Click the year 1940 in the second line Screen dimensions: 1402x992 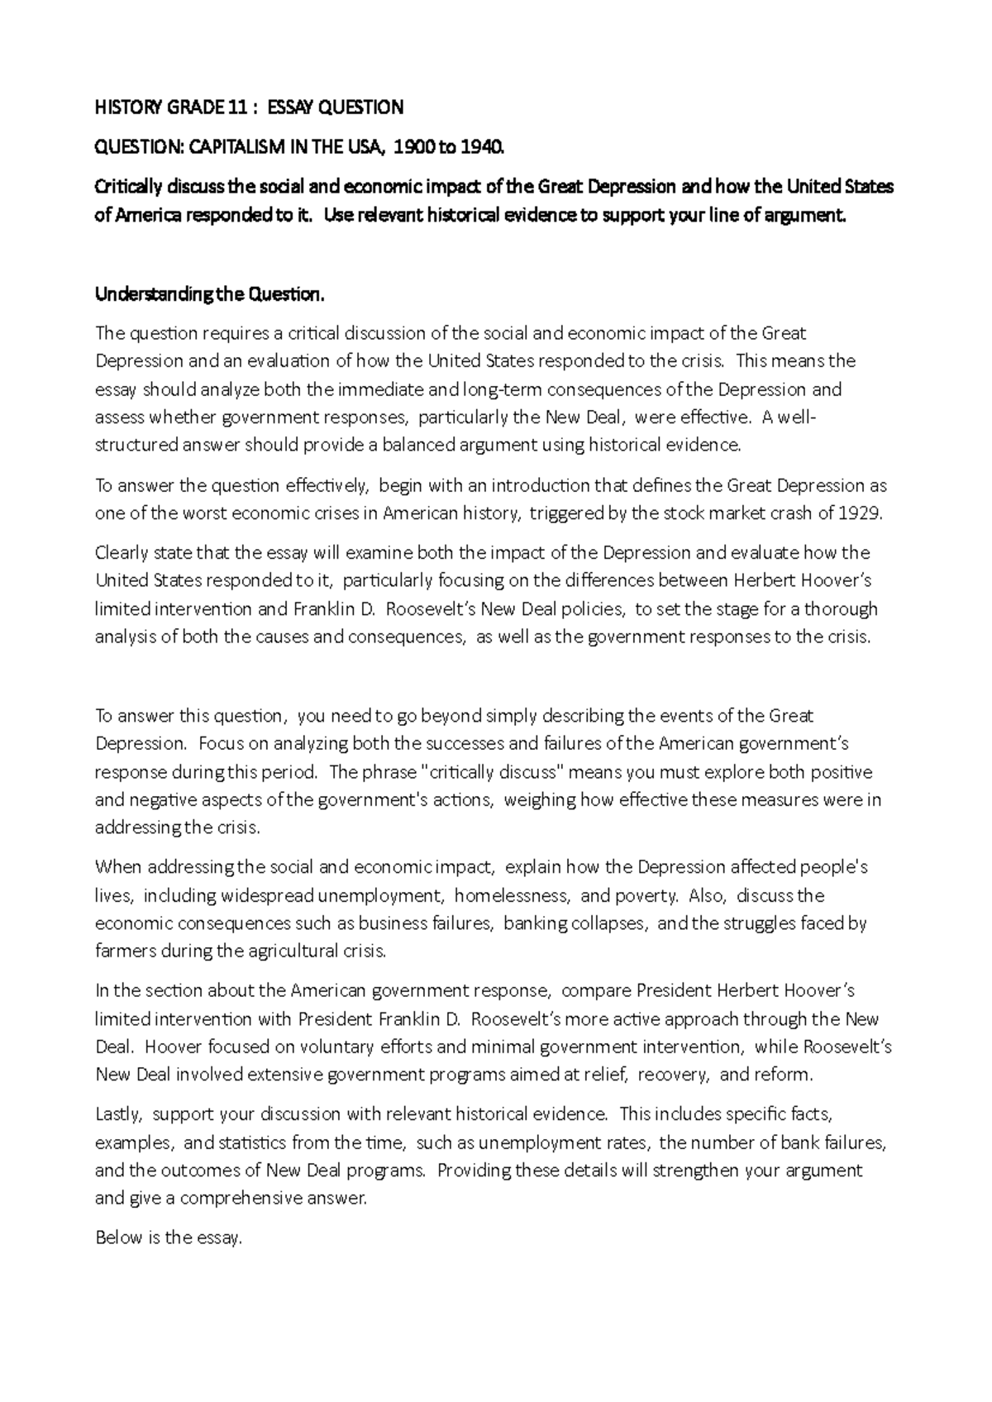click(481, 147)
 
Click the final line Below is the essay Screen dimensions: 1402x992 click(169, 1237)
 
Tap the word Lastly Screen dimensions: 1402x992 click(120, 1113)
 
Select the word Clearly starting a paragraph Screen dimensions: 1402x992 click(122, 552)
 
